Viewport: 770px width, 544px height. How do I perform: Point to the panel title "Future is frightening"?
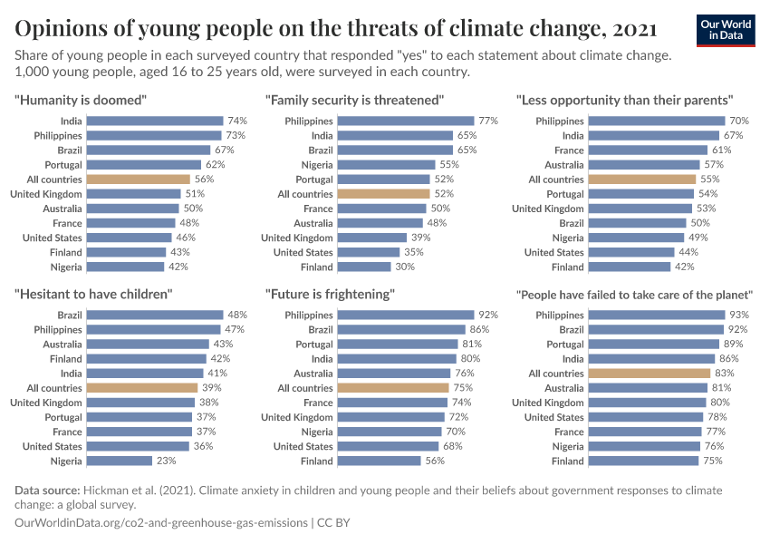pos(330,294)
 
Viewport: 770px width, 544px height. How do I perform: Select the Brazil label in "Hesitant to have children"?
pos(69,315)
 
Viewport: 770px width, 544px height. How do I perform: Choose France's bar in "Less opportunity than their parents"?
pos(648,151)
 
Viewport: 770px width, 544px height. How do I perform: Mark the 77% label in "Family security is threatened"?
pos(488,121)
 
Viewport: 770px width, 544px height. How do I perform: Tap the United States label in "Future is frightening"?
pos(303,446)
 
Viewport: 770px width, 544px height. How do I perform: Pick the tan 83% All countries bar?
pos(649,374)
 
